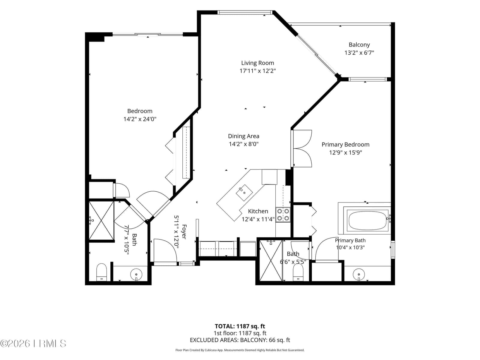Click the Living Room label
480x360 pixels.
point(257,63)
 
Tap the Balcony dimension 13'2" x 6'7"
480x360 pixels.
point(359,53)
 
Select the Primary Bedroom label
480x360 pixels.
point(345,145)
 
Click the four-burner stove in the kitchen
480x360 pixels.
point(283,214)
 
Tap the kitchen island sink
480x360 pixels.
point(244,193)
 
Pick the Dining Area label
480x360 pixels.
point(243,136)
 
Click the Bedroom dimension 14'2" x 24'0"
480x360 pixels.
point(140,119)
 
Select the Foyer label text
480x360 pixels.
point(184,232)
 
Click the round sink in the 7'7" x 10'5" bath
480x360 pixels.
point(136,274)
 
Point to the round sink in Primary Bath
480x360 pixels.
point(358,274)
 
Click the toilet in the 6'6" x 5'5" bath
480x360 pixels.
point(298,272)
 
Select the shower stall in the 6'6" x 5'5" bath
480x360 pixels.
point(271,260)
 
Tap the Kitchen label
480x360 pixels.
point(258,211)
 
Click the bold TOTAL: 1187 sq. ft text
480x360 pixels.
point(240,326)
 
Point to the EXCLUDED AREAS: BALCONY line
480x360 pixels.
point(240,340)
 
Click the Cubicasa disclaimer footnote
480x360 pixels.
point(240,350)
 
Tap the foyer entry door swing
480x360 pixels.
point(166,251)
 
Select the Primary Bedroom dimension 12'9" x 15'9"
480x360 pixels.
point(346,153)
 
